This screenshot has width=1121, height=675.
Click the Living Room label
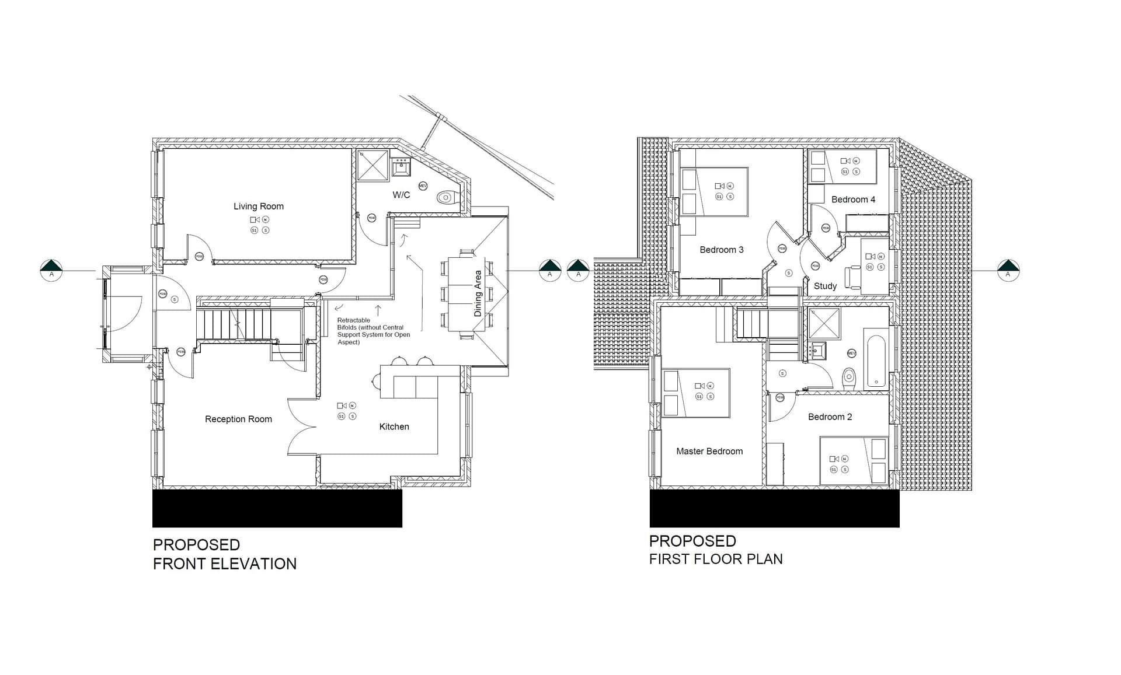(x=258, y=207)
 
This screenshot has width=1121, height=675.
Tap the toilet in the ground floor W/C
(x=447, y=197)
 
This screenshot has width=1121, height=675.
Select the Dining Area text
(x=478, y=293)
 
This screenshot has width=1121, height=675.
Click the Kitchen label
(x=394, y=426)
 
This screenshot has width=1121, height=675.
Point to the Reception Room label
(x=238, y=419)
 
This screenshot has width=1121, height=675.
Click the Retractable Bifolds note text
(x=373, y=331)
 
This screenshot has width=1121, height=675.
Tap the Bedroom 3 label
(x=722, y=250)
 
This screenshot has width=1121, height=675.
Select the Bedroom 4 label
(x=853, y=200)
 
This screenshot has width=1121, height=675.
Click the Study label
(x=825, y=286)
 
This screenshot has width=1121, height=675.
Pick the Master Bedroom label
(x=709, y=451)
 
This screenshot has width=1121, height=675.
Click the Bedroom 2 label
(x=830, y=417)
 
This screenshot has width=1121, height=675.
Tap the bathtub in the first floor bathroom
(x=876, y=361)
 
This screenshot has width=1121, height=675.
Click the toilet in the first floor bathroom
(x=849, y=377)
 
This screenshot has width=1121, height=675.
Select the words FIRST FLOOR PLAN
(x=716, y=559)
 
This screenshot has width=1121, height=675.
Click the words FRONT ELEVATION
(x=225, y=564)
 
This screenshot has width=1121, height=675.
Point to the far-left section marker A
(x=51, y=271)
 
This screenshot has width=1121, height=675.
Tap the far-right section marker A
(x=1008, y=271)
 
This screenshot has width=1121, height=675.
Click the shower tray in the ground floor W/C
(x=373, y=165)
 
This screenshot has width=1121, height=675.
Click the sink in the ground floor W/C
(x=401, y=167)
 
